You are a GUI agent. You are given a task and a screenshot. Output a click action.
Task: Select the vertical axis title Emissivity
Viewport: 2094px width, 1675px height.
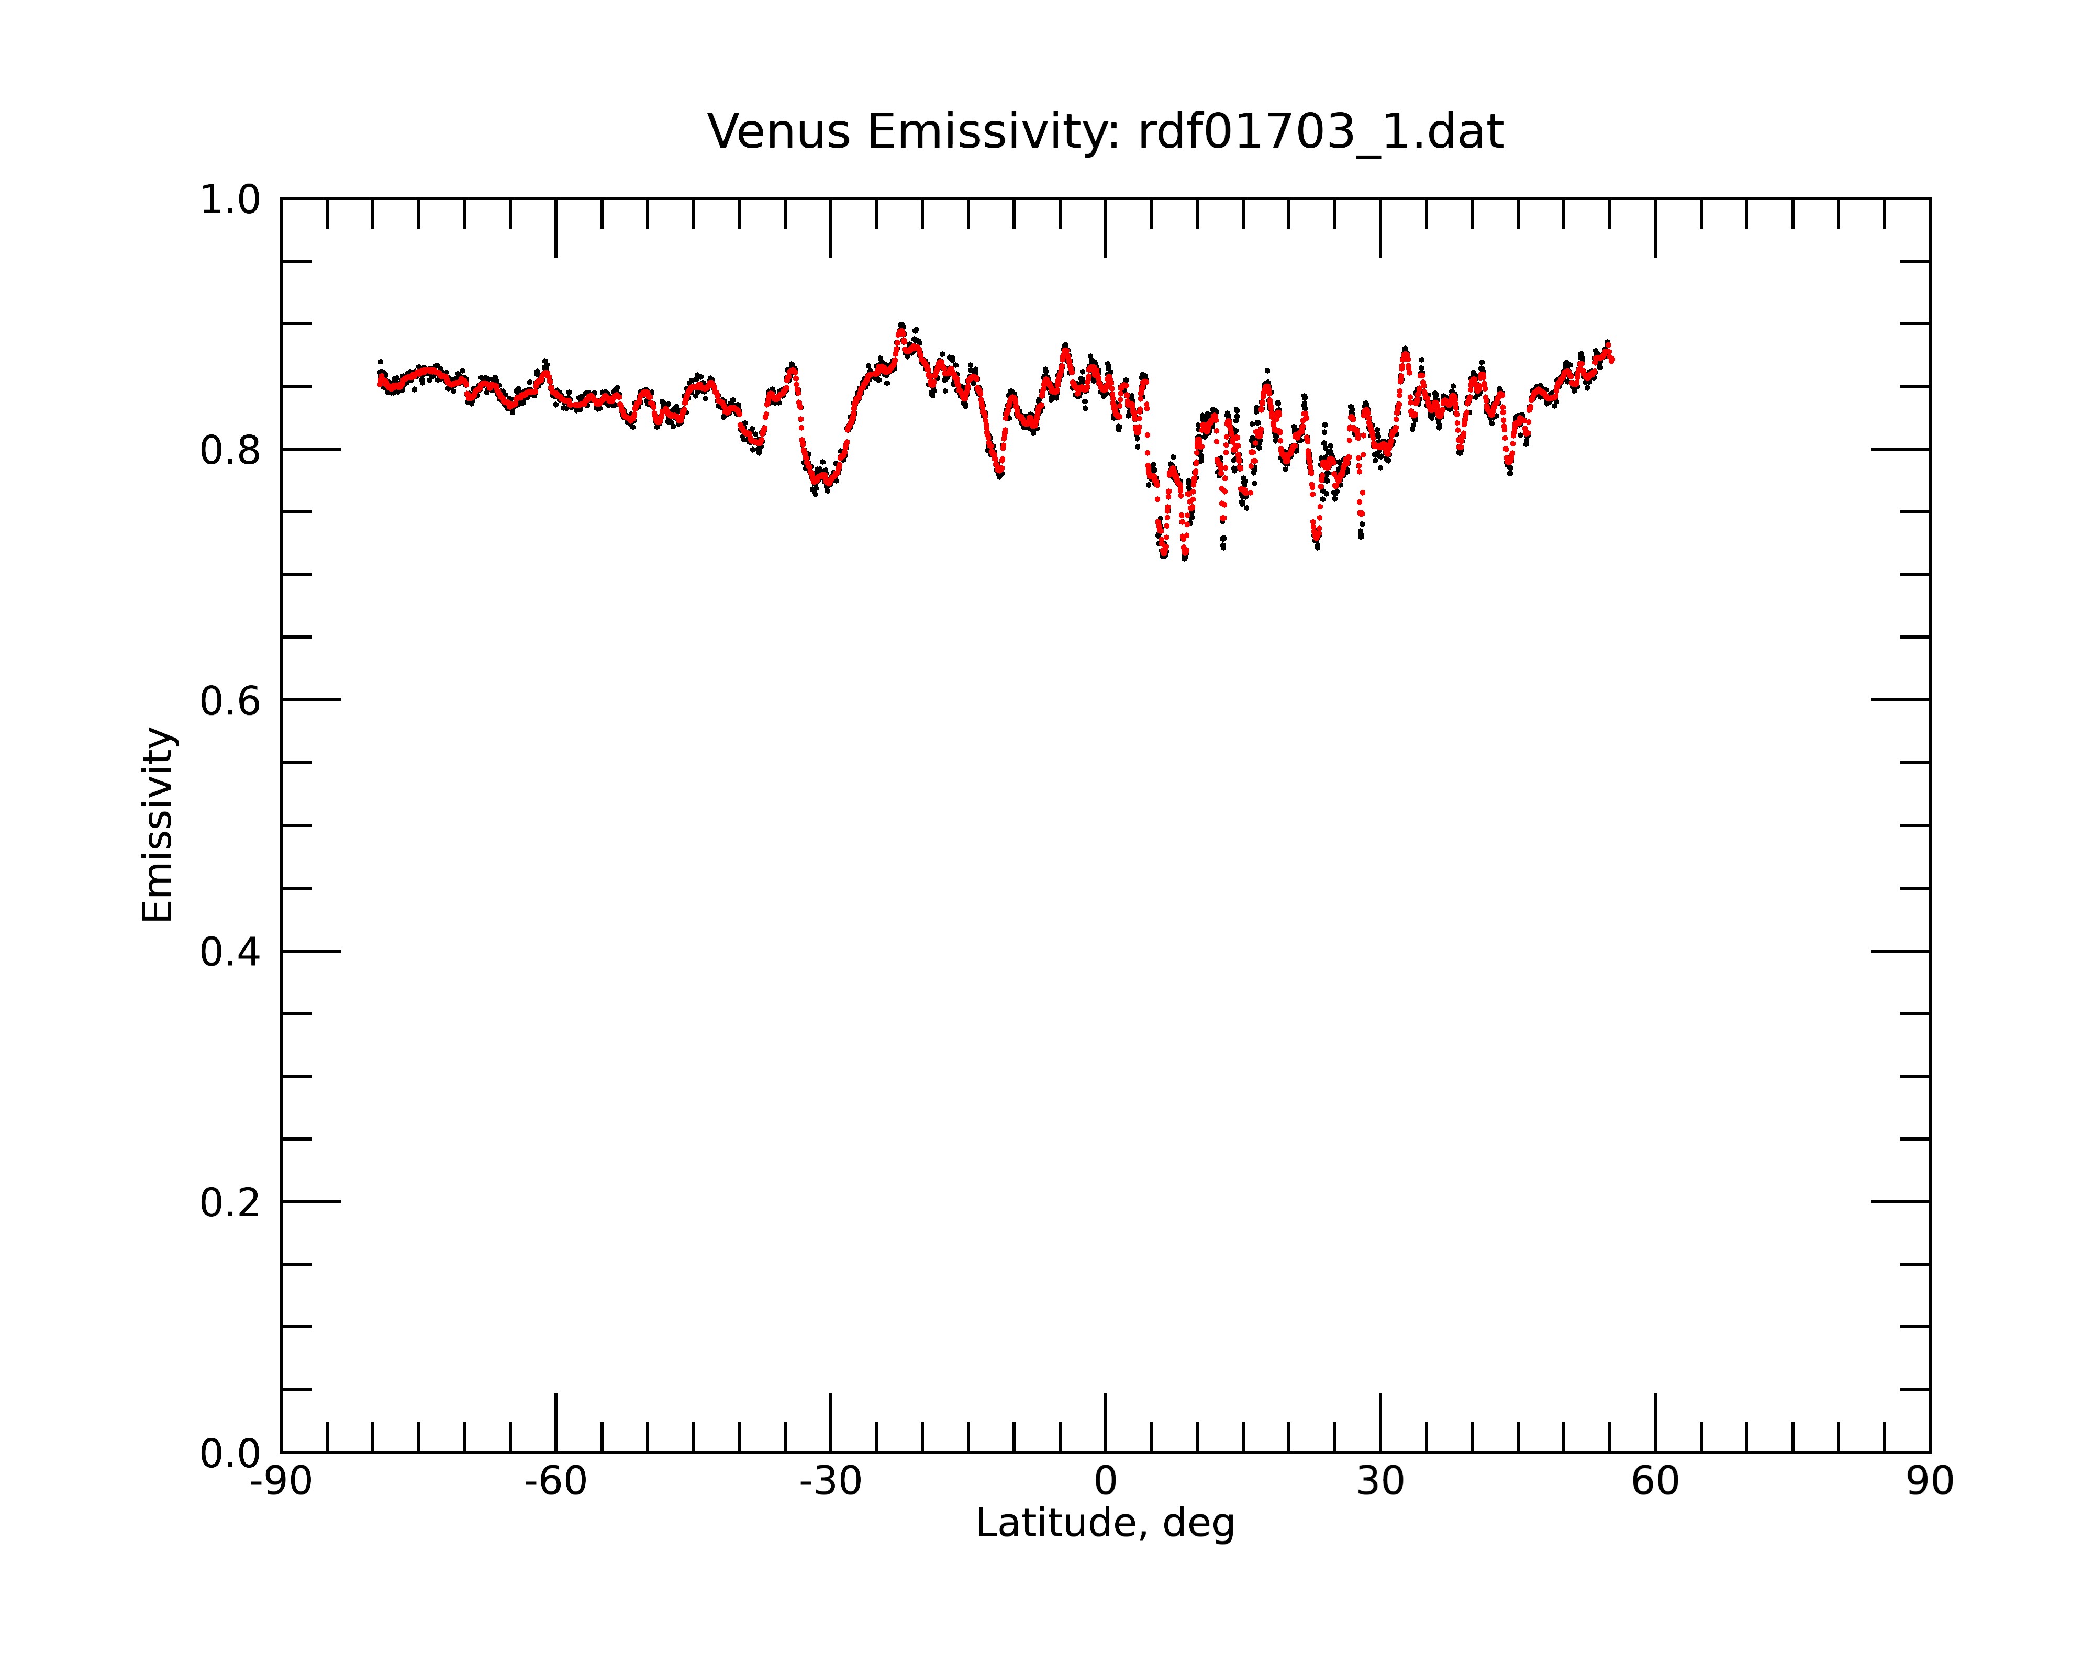[x=158, y=824]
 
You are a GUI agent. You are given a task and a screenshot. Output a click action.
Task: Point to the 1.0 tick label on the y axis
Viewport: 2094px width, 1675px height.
[x=230, y=201]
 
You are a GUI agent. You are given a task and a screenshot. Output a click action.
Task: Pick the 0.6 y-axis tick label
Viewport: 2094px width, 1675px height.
[x=230, y=701]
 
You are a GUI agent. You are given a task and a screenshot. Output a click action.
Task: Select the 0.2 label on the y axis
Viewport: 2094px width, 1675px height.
[x=230, y=1203]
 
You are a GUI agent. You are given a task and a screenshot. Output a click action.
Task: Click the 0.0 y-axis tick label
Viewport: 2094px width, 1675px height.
[x=230, y=1454]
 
